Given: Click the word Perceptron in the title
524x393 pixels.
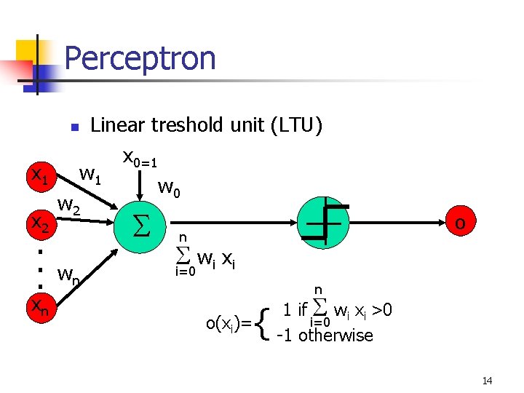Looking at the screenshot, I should click(140, 58).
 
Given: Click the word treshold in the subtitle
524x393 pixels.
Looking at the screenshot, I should click(188, 125).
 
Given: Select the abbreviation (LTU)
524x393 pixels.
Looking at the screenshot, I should click(295, 125).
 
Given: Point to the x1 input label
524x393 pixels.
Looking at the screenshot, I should click(37, 175).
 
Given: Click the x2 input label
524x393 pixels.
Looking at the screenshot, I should click(38, 223).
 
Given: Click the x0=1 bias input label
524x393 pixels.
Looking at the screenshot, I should click(140, 158).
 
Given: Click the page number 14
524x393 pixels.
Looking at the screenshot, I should click(487, 381).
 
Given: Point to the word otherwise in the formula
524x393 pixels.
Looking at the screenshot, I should click(336, 336).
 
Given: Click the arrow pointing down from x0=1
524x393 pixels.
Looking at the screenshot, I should click(140, 185).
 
